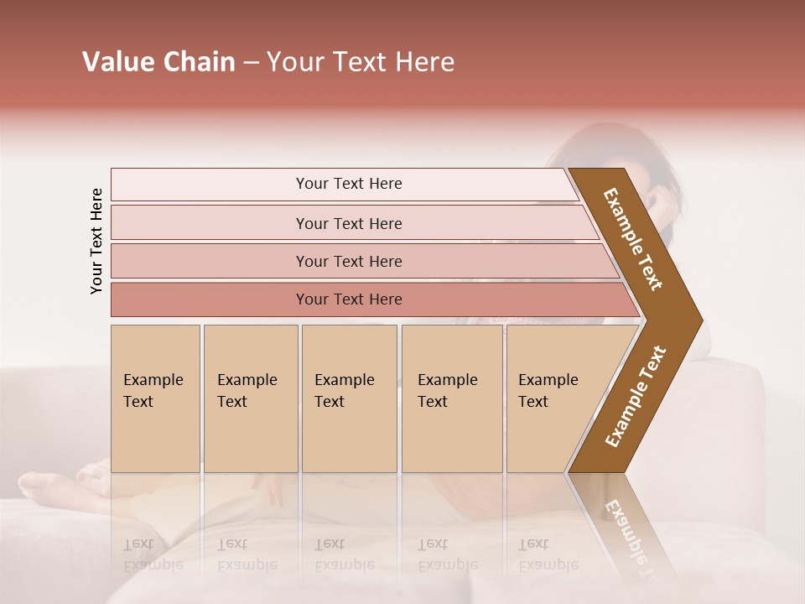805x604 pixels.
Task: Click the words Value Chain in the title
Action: pyautogui.click(x=158, y=62)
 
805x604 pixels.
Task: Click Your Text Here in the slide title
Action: pyautogui.click(x=361, y=62)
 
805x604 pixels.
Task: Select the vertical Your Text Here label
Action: pyautogui.click(x=96, y=241)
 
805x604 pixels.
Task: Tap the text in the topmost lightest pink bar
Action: pyautogui.click(x=349, y=184)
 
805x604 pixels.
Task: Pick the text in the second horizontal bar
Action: pyautogui.click(x=349, y=224)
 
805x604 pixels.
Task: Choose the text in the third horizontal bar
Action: pyautogui.click(x=349, y=262)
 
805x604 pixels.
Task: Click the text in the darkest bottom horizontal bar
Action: pyautogui.click(x=349, y=299)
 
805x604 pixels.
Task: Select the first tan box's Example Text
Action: pyautogui.click(x=153, y=391)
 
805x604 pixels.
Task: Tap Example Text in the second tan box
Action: pyautogui.click(x=247, y=391)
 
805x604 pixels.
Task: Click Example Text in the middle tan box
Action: pyautogui.click(x=344, y=391)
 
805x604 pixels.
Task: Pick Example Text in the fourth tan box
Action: pyautogui.click(x=447, y=391)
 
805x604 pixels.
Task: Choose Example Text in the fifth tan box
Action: pyautogui.click(x=548, y=391)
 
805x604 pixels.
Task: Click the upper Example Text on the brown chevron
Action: pyautogui.click(x=633, y=239)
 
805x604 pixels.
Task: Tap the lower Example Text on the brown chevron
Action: pyautogui.click(x=636, y=397)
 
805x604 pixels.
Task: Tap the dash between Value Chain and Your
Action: pyautogui.click(x=251, y=63)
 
